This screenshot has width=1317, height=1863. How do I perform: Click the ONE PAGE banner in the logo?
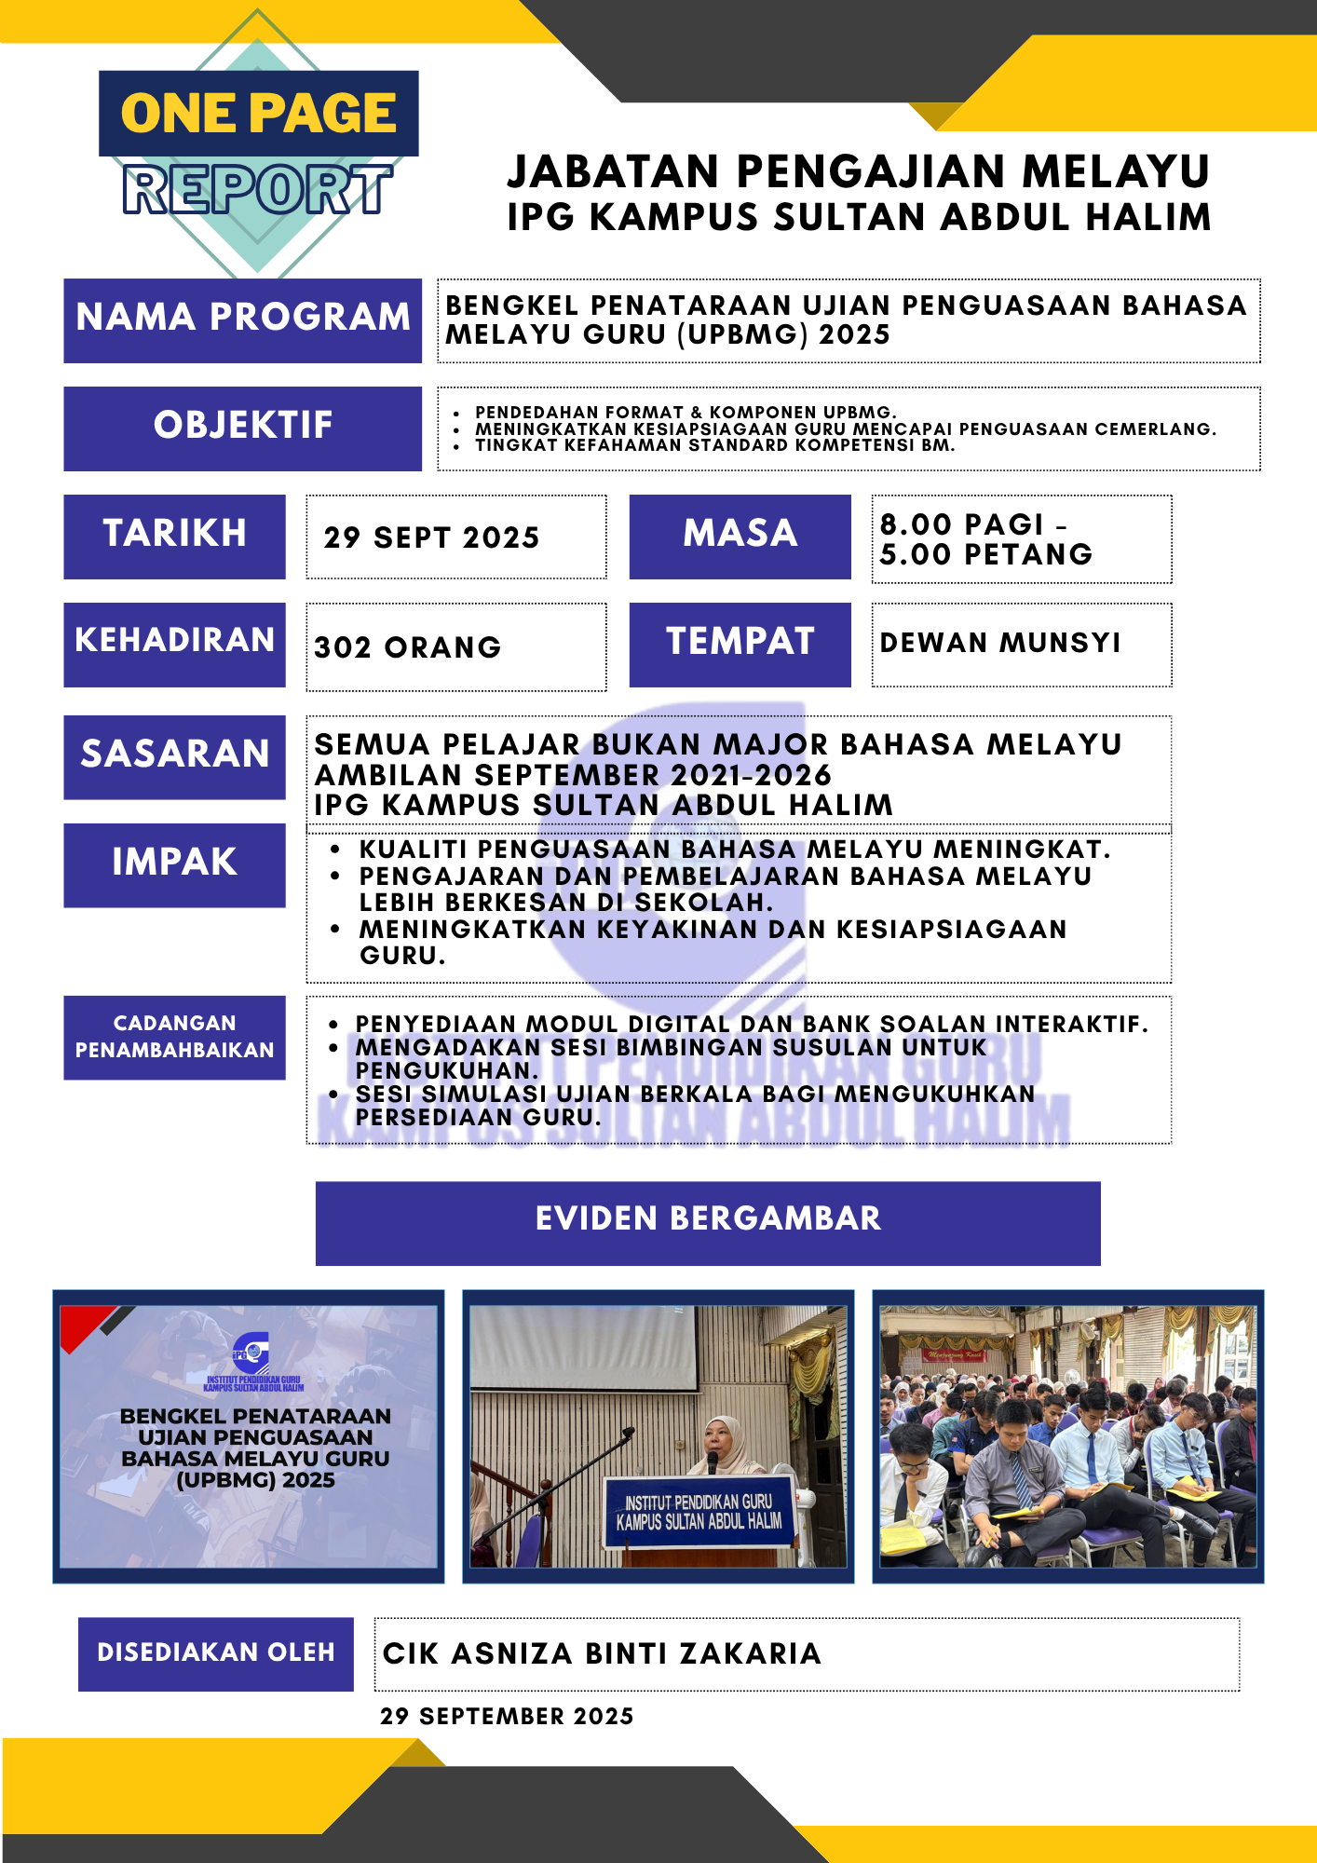(x=258, y=114)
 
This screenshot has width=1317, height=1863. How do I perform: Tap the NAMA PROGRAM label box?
(x=242, y=320)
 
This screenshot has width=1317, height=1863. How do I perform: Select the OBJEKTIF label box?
(x=242, y=428)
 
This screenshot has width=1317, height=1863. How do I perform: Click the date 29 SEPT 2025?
(x=431, y=537)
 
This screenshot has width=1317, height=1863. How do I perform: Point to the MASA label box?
(x=740, y=536)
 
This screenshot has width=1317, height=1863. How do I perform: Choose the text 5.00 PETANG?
(x=985, y=555)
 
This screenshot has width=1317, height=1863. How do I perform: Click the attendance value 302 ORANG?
(x=408, y=647)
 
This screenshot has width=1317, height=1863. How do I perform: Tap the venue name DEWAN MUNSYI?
(x=1000, y=643)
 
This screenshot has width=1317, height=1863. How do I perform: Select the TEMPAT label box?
(x=740, y=644)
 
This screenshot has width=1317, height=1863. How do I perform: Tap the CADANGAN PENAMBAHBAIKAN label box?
(x=174, y=1037)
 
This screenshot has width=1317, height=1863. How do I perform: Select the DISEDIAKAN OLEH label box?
(x=215, y=1653)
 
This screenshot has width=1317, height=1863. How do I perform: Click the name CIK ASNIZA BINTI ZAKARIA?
(x=602, y=1653)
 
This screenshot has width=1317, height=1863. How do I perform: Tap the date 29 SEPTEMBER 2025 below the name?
(x=507, y=1716)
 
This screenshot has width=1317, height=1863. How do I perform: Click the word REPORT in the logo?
(x=257, y=190)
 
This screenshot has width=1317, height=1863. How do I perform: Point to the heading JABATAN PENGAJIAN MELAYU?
(x=858, y=172)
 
